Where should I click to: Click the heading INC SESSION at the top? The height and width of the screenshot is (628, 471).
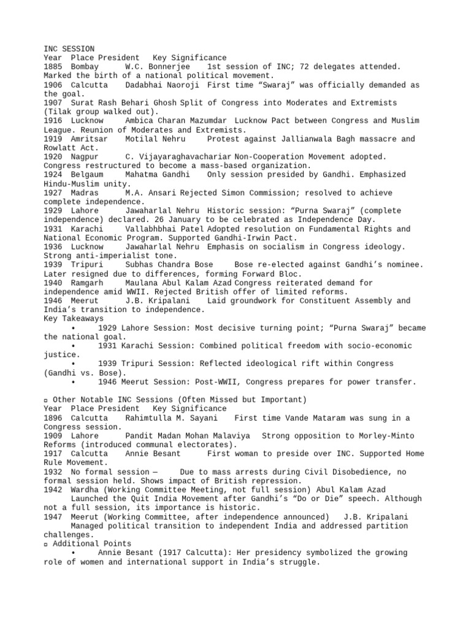coord(69,48)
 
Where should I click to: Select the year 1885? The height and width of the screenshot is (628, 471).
coord(53,66)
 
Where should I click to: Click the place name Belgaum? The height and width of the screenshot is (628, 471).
coord(86,175)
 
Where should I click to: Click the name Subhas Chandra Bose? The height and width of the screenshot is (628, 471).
coord(166,264)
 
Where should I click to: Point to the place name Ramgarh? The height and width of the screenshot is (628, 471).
coord(86,283)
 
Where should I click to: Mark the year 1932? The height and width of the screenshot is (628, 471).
coord(53,472)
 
